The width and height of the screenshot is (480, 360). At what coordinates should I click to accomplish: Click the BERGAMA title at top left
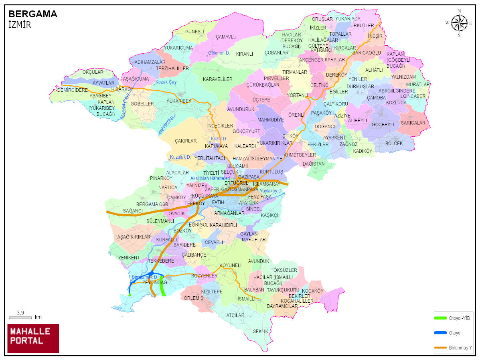tap(33, 14)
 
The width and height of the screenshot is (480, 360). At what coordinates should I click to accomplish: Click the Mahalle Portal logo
tap(33, 338)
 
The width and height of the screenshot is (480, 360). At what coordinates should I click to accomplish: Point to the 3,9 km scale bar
tap(20, 317)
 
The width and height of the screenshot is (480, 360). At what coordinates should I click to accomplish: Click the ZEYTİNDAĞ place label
tap(154, 283)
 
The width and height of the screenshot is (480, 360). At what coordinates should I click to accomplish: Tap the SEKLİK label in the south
tap(260, 332)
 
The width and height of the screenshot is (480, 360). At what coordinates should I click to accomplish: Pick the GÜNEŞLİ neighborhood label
tap(194, 32)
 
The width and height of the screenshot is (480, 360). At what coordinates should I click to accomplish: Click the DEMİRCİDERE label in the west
tap(72, 90)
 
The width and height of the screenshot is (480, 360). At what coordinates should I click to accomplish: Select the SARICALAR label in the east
tap(413, 123)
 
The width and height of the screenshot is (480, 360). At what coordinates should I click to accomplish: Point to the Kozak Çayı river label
tap(166, 82)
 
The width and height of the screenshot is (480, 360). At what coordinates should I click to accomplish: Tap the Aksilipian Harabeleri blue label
tap(210, 178)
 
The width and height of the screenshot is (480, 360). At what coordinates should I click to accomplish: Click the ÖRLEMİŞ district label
tap(194, 298)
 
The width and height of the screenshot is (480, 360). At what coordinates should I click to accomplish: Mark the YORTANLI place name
tap(297, 95)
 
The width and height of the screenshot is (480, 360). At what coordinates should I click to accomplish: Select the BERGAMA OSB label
tap(152, 204)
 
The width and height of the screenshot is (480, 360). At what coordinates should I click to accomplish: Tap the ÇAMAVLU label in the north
tap(226, 36)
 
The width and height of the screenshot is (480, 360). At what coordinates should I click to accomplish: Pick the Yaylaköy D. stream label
tap(271, 190)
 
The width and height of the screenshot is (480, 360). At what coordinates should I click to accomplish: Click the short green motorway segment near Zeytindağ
tap(163, 285)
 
